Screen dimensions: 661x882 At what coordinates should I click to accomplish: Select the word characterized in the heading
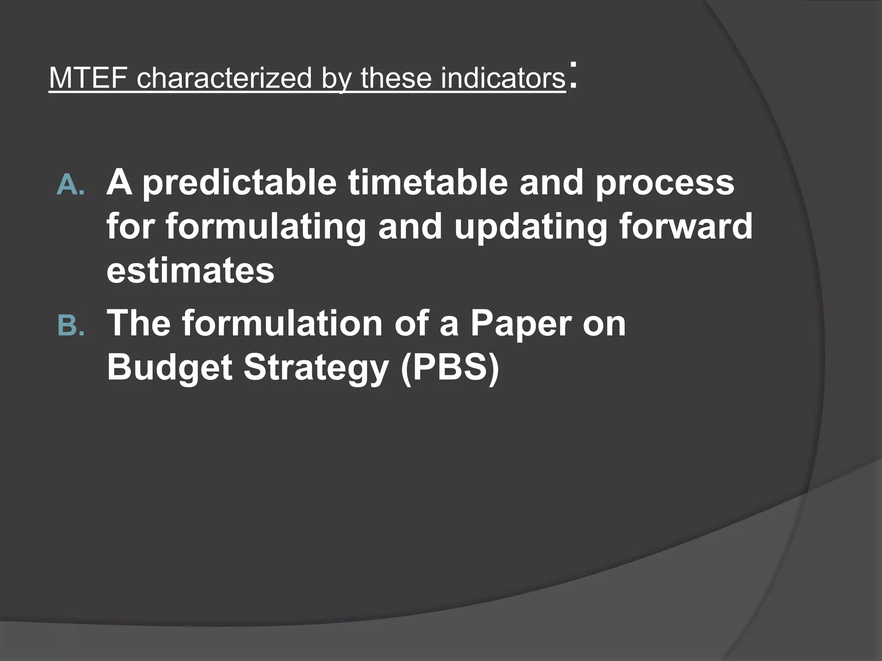(x=224, y=78)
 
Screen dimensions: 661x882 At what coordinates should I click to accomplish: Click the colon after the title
(x=572, y=76)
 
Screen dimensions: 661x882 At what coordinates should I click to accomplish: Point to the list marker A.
(x=71, y=185)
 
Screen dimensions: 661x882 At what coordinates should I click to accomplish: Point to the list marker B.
(x=71, y=325)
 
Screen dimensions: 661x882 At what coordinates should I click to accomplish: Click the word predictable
(x=239, y=183)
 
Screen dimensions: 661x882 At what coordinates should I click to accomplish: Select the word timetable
(x=428, y=182)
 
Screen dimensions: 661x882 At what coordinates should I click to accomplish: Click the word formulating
(x=266, y=227)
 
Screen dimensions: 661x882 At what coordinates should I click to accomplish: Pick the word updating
(x=531, y=227)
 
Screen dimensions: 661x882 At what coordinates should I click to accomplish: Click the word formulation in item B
(x=282, y=323)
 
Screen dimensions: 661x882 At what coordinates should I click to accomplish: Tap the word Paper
(x=521, y=324)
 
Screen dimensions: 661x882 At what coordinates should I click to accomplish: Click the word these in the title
(x=396, y=78)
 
